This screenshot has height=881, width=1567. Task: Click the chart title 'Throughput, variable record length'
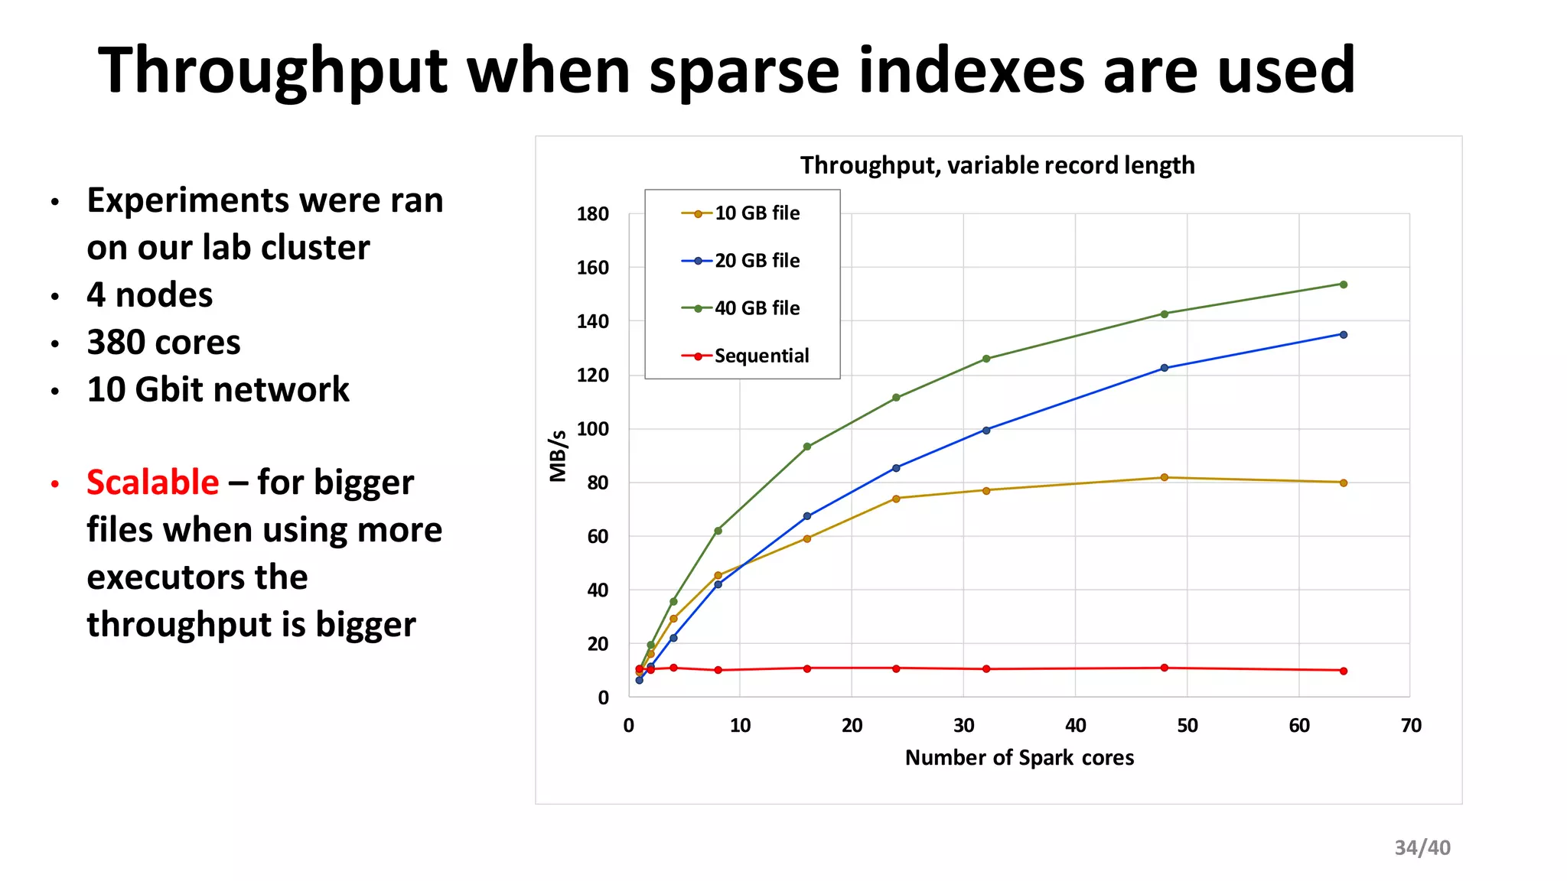(997, 165)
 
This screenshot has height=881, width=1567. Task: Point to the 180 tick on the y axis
(593, 214)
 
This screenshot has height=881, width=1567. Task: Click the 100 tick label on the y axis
(593, 429)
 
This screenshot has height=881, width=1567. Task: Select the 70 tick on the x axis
(1410, 726)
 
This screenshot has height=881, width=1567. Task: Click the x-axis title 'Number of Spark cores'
(1019, 758)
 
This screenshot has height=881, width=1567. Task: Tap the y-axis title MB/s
(559, 456)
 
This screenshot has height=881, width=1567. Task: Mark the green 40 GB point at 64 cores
(1344, 284)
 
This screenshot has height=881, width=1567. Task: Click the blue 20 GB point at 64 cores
(1344, 334)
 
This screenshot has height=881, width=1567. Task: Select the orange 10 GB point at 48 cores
(1165, 477)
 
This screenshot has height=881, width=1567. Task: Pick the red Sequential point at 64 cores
(1344, 671)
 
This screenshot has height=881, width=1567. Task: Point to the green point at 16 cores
(807, 447)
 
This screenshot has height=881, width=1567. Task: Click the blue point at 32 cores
(986, 430)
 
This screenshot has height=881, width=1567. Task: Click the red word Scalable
(153, 483)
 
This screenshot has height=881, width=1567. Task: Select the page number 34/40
(1422, 847)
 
